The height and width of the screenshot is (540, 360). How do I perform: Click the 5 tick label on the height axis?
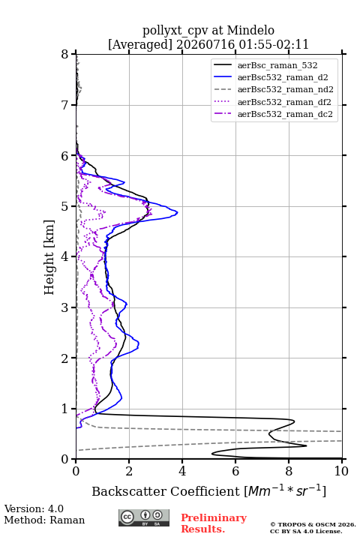(65, 206)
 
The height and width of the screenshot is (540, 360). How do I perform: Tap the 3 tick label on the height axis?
(65, 307)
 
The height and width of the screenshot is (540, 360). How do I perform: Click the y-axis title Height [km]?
(49, 257)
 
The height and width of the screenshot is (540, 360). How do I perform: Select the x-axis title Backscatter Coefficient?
(166, 491)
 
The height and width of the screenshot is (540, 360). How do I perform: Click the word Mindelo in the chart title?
(250, 30)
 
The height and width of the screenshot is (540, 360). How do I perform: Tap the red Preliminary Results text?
(214, 523)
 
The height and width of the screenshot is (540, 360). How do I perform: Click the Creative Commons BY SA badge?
(144, 517)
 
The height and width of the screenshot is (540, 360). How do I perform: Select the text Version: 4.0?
(34, 508)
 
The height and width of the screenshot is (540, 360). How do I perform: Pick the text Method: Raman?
(44, 520)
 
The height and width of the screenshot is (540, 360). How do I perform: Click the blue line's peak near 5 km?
(178, 212)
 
